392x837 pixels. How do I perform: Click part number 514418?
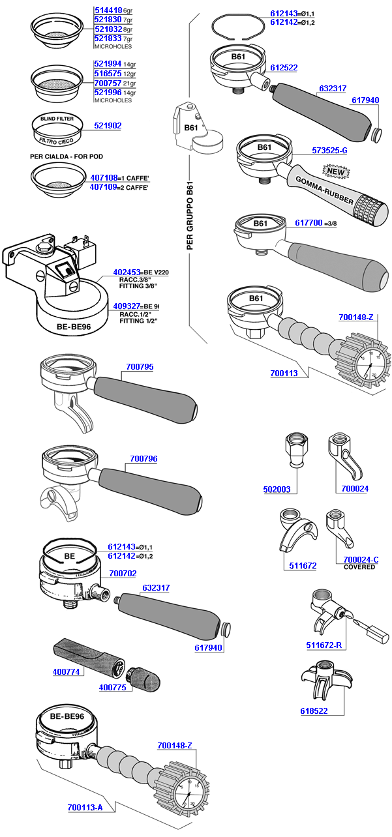click(108, 11)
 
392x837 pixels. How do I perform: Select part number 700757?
click(108, 84)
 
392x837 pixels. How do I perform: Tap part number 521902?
click(108, 125)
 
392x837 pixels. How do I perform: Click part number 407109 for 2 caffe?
click(108, 186)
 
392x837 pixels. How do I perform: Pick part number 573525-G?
click(329, 150)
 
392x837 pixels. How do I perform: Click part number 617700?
click(309, 223)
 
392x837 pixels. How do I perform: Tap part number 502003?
click(278, 489)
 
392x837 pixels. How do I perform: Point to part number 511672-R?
click(325, 646)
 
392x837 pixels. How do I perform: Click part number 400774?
click(66, 671)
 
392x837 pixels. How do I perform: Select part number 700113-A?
click(85, 808)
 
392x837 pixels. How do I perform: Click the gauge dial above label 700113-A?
click(188, 792)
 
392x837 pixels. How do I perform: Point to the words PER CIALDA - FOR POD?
click(67, 156)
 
